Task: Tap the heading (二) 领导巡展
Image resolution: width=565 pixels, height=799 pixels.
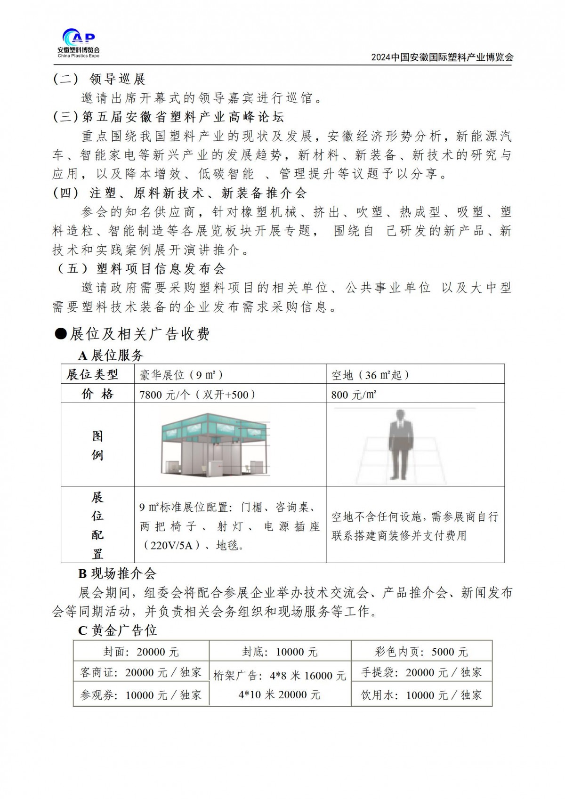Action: (99, 79)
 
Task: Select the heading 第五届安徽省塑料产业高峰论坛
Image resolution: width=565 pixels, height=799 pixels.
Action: (183, 117)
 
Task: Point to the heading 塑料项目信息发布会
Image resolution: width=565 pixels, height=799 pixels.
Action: (161, 268)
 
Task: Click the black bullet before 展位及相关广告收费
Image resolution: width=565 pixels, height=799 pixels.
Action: (61, 334)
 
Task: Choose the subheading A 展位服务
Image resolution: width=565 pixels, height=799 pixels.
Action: (111, 355)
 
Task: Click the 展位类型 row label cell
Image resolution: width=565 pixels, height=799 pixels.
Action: (93, 374)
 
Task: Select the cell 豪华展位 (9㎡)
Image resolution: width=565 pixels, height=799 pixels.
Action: (181, 375)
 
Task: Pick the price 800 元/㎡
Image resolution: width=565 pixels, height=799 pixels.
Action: (354, 395)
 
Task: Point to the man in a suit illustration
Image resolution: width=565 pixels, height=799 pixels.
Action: (400, 444)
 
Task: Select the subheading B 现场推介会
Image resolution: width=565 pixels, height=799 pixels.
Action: (117, 573)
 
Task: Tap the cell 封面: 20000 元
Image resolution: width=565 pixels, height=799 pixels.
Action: (141, 652)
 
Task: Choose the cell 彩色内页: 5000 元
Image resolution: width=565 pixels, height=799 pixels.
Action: (421, 652)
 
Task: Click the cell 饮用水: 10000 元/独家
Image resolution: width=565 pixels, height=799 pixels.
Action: (421, 694)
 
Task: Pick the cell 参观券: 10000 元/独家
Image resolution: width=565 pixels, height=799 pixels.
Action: (141, 694)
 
